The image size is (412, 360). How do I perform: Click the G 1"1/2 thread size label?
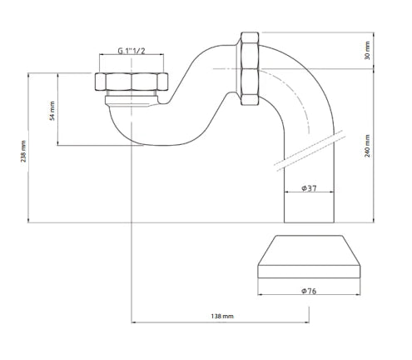coord(132,51)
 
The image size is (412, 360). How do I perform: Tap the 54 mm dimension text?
coord(52,111)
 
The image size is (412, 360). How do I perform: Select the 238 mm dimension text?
coord(23,152)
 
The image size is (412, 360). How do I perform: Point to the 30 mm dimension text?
coord(367,50)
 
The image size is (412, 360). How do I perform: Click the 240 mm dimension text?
coord(367,146)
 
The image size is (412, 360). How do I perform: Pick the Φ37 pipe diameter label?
coord(309,188)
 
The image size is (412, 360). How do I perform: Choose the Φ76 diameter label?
coord(309,291)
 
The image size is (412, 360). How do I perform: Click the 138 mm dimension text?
coord(222,316)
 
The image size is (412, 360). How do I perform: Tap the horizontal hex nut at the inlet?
coord(132,82)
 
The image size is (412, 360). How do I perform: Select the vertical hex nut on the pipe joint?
coord(250,68)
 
